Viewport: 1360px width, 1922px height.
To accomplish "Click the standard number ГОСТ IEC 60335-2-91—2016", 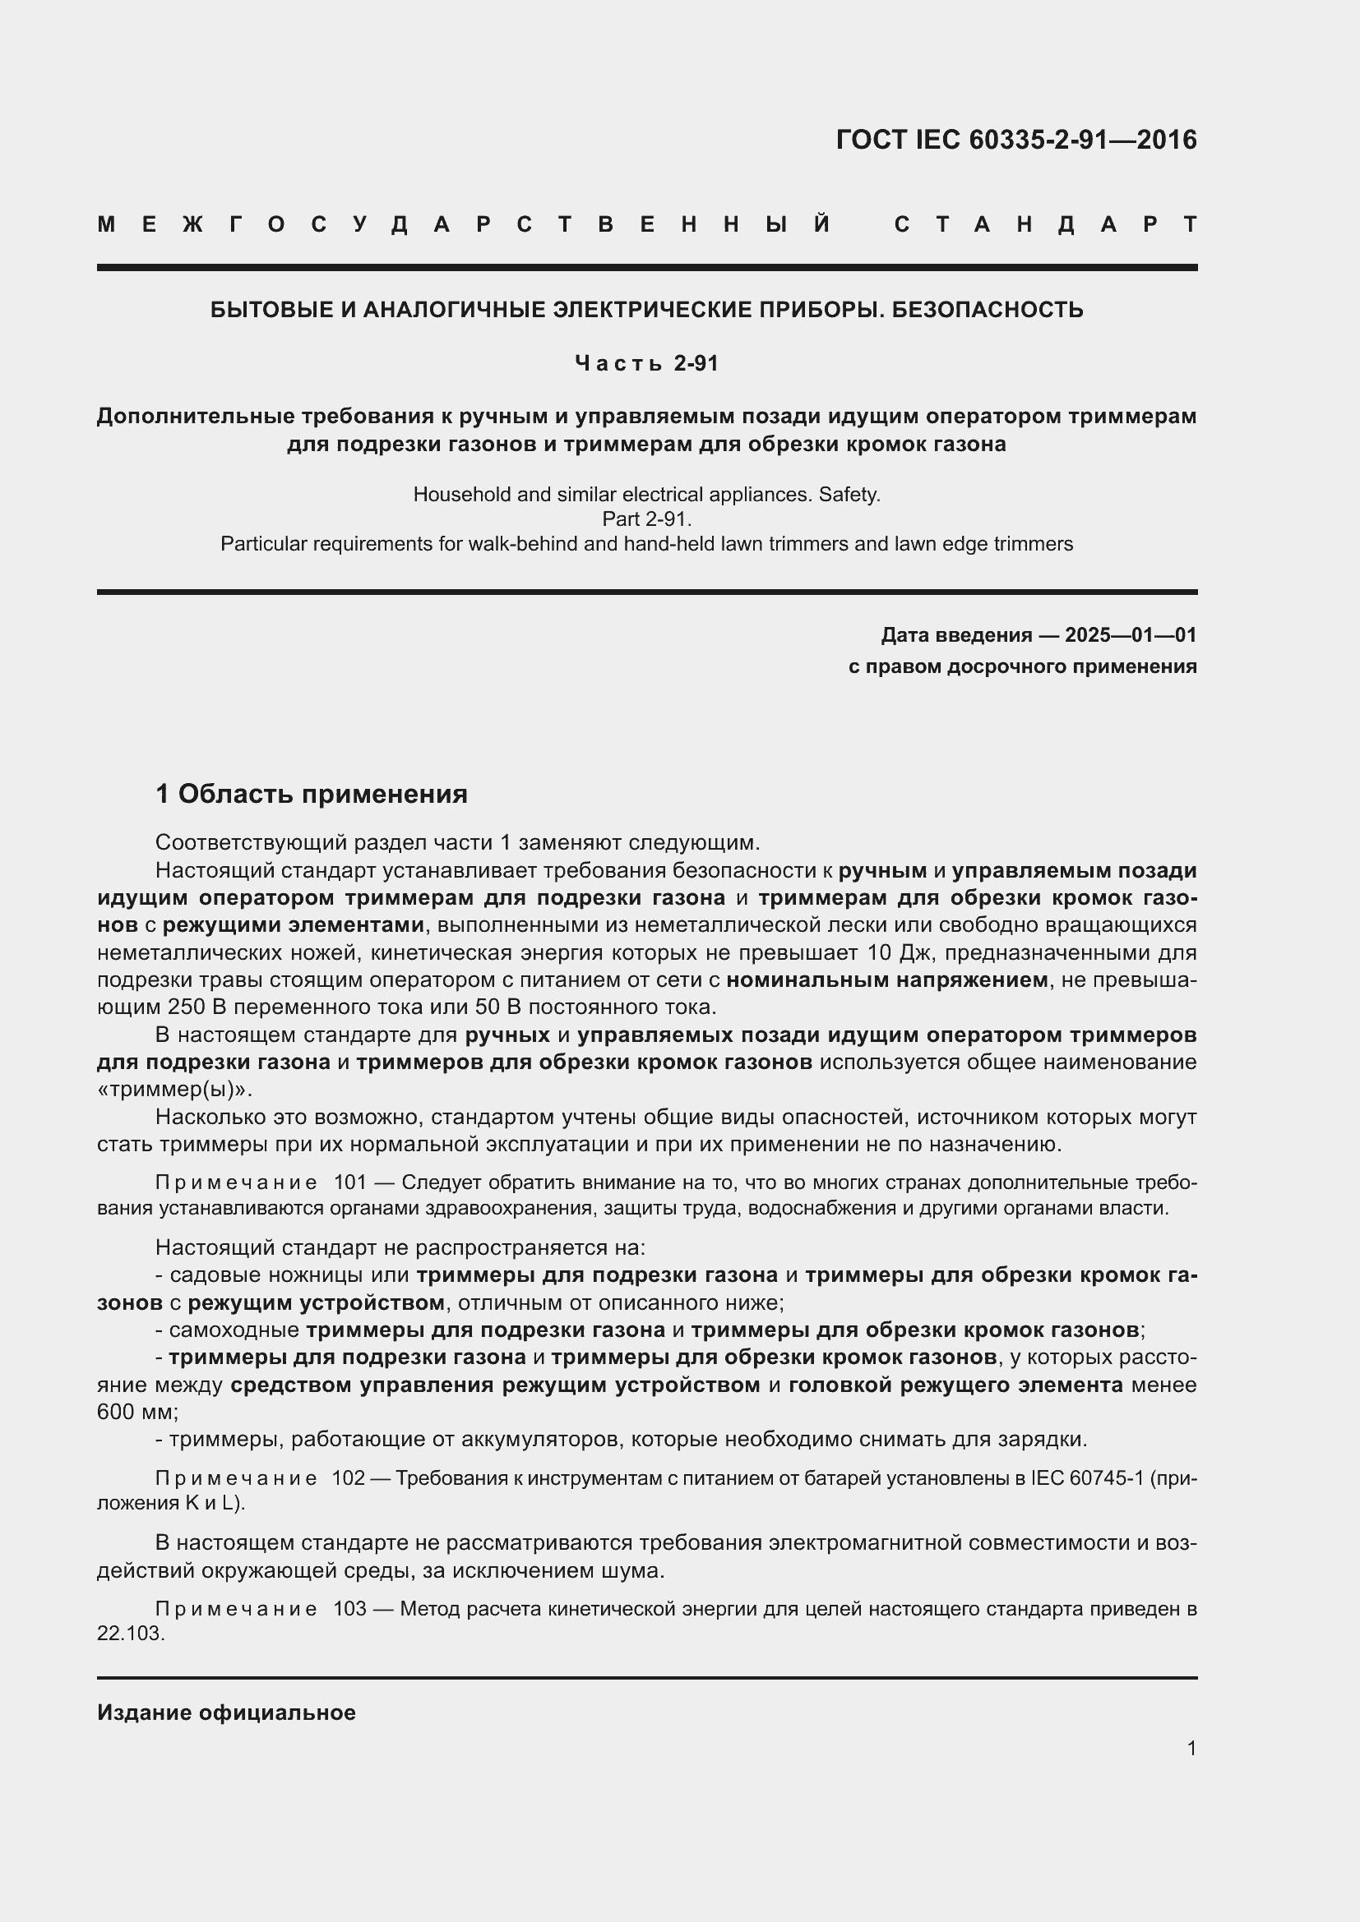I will click(x=1015, y=140).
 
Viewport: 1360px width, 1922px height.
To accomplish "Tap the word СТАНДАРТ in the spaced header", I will click(x=1045, y=225).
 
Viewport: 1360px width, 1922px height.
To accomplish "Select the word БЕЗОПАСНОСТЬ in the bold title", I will click(x=988, y=311).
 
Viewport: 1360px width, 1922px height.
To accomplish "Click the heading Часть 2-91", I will click(x=646, y=363).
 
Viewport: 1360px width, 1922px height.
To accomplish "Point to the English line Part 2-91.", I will click(x=646, y=519).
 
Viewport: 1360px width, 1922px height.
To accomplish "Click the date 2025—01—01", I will click(x=1131, y=635).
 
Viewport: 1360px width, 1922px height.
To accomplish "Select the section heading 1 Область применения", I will click(x=312, y=794).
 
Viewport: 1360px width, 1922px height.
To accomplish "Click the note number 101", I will click(x=350, y=1182).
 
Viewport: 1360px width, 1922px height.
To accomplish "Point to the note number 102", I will click(x=349, y=1478).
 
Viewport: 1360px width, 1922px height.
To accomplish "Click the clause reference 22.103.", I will click(x=130, y=1634).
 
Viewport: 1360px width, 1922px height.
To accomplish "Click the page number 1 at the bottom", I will click(x=1191, y=1748).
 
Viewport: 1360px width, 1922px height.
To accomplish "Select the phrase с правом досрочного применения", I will click(x=1022, y=666).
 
